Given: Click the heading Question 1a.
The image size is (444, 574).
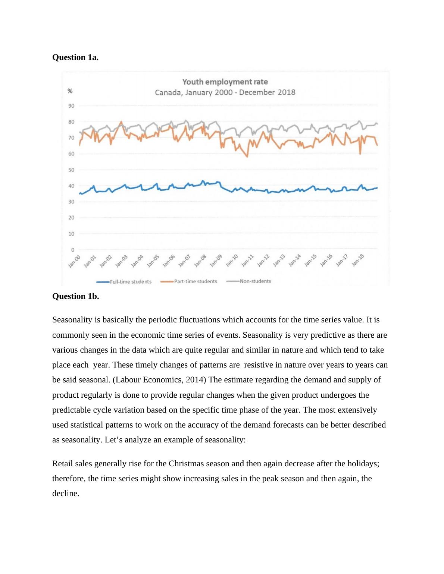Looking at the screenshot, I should [75, 57].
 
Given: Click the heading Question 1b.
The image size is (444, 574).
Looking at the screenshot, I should [75, 296].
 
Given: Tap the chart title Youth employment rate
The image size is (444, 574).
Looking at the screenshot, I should [225, 82].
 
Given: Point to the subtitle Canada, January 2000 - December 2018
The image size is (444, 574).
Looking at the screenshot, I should [225, 92].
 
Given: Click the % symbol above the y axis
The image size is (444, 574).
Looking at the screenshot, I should [70, 91].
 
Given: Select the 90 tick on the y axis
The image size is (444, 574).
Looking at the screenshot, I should [71, 106].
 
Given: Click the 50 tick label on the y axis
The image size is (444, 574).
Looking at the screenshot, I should [71, 170].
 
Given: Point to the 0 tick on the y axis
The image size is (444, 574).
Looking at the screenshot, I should [73, 250].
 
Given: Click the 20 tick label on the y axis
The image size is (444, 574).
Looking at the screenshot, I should [71, 218].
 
